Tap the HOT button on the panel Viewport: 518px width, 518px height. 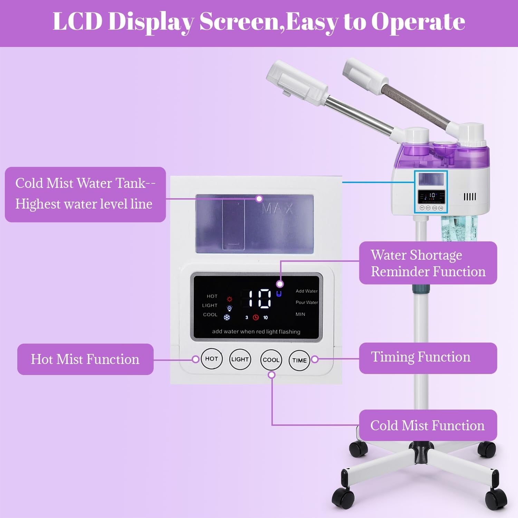coord(211,359)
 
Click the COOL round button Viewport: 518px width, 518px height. coord(271,359)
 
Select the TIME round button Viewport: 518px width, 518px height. coord(299,360)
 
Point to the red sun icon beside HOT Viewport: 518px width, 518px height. coord(230,299)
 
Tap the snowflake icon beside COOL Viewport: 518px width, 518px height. coord(227,317)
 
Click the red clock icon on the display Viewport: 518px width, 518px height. coord(256,317)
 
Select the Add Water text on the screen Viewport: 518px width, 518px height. coord(306,291)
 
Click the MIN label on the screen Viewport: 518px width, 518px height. coord(300,314)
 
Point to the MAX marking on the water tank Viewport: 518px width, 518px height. coord(277,209)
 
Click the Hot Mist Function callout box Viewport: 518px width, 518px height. coord(85,359)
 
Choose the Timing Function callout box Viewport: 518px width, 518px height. coord(428,358)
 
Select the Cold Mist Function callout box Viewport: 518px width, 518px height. coord(428,425)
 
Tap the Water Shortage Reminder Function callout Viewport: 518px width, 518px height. coord(428,263)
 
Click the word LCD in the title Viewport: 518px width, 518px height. coord(78,21)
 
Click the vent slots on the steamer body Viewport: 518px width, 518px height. coord(470,197)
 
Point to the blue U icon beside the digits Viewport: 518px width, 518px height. coord(279,294)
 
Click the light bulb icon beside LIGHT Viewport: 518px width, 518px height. coord(229,308)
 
